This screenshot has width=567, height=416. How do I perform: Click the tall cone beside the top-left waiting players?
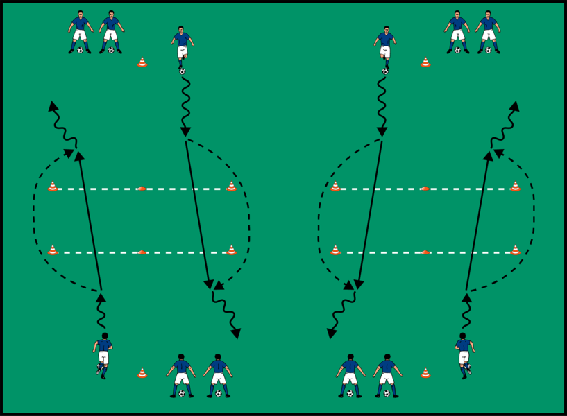142,62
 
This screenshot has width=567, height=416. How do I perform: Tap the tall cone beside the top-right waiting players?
425,62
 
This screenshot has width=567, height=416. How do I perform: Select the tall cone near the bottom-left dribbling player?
142,373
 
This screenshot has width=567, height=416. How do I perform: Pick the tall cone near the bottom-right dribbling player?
425,373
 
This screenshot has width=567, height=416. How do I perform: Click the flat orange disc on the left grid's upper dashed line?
142,188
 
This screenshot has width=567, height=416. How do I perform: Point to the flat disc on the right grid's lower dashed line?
425,252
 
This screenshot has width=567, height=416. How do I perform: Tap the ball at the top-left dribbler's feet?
182,71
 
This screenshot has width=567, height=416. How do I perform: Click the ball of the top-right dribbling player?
385,71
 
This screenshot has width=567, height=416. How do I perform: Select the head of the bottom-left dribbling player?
104,336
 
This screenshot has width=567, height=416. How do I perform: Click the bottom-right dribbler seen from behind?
464,354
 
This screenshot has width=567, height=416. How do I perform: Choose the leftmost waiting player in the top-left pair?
81,32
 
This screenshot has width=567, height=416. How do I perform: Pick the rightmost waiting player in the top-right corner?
489,32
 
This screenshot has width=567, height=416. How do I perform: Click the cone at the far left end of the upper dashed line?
53,186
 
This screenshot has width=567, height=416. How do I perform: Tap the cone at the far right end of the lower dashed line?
515,250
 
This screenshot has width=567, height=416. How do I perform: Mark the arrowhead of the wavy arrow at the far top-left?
52,105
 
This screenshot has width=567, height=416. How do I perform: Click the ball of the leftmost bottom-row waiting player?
182,394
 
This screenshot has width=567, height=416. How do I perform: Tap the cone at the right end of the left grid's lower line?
232,250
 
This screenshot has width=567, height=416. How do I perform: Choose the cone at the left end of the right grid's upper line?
336,186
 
